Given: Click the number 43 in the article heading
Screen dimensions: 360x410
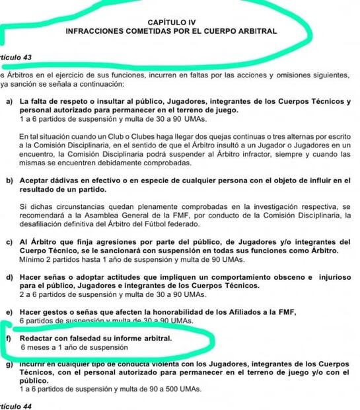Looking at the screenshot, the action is click(x=27, y=58).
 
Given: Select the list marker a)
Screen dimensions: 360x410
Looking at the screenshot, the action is click(x=9, y=102).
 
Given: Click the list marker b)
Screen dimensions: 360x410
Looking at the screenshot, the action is click(x=9, y=181).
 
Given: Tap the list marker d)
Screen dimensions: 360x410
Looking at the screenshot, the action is click(x=9, y=278).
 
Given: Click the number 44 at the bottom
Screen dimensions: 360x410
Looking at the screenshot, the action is click(x=27, y=405).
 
